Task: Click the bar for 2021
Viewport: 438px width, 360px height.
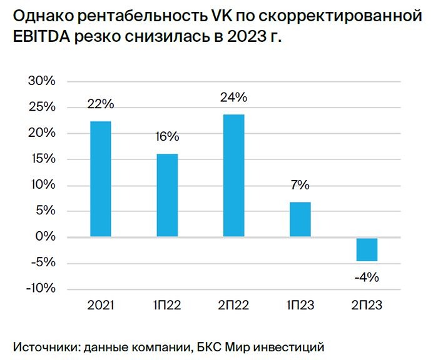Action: point(100,179)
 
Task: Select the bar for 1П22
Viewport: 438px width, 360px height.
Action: point(167,195)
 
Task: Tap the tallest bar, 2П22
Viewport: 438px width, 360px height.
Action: point(233,175)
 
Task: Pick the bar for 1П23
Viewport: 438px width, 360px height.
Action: point(300,219)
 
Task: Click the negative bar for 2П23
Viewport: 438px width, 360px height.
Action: point(367,249)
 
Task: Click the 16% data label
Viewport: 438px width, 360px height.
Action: point(167,137)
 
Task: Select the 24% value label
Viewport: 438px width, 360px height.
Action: point(233,97)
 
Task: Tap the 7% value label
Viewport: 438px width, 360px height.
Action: point(300,185)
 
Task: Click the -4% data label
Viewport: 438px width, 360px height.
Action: point(367,277)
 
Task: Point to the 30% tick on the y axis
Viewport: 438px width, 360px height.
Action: point(42,82)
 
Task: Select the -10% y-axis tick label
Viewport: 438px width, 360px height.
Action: point(41,289)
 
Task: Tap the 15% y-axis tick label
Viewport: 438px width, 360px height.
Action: point(42,159)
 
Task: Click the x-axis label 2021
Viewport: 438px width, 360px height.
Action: point(100,306)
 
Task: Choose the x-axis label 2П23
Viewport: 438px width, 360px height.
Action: point(367,306)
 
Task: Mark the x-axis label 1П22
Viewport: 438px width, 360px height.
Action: point(167,306)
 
